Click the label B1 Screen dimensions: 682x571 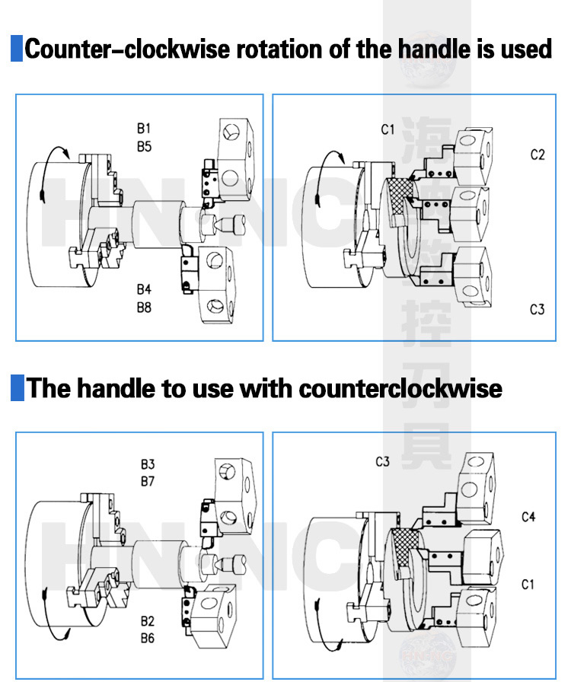pyautogui.click(x=144, y=129)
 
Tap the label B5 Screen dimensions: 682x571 pyautogui.click(x=144, y=146)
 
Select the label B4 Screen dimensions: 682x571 pyautogui.click(x=144, y=290)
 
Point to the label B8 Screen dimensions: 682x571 pyautogui.click(x=144, y=308)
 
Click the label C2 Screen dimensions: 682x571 pyautogui.click(x=538, y=155)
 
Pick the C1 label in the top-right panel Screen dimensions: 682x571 pyautogui.click(x=388, y=129)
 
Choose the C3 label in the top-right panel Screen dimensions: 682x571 pyautogui.click(x=538, y=310)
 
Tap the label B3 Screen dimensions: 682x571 pyautogui.click(x=147, y=464)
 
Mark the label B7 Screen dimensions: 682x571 pyautogui.click(x=147, y=481)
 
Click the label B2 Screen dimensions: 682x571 pyautogui.click(x=147, y=620)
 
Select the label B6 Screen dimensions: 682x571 pyautogui.click(x=147, y=638)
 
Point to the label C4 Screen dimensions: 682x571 pyautogui.click(x=528, y=517)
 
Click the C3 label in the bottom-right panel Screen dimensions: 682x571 pyautogui.click(x=382, y=462)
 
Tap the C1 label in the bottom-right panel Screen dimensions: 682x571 pyautogui.click(x=528, y=585)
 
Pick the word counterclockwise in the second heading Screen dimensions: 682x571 pyautogui.click(x=400, y=388)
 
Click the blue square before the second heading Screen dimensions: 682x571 pyautogui.click(x=16, y=387)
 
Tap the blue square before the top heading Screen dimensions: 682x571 pyautogui.click(x=16, y=49)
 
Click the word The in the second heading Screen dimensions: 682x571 pyautogui.click(x=49, y=388)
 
